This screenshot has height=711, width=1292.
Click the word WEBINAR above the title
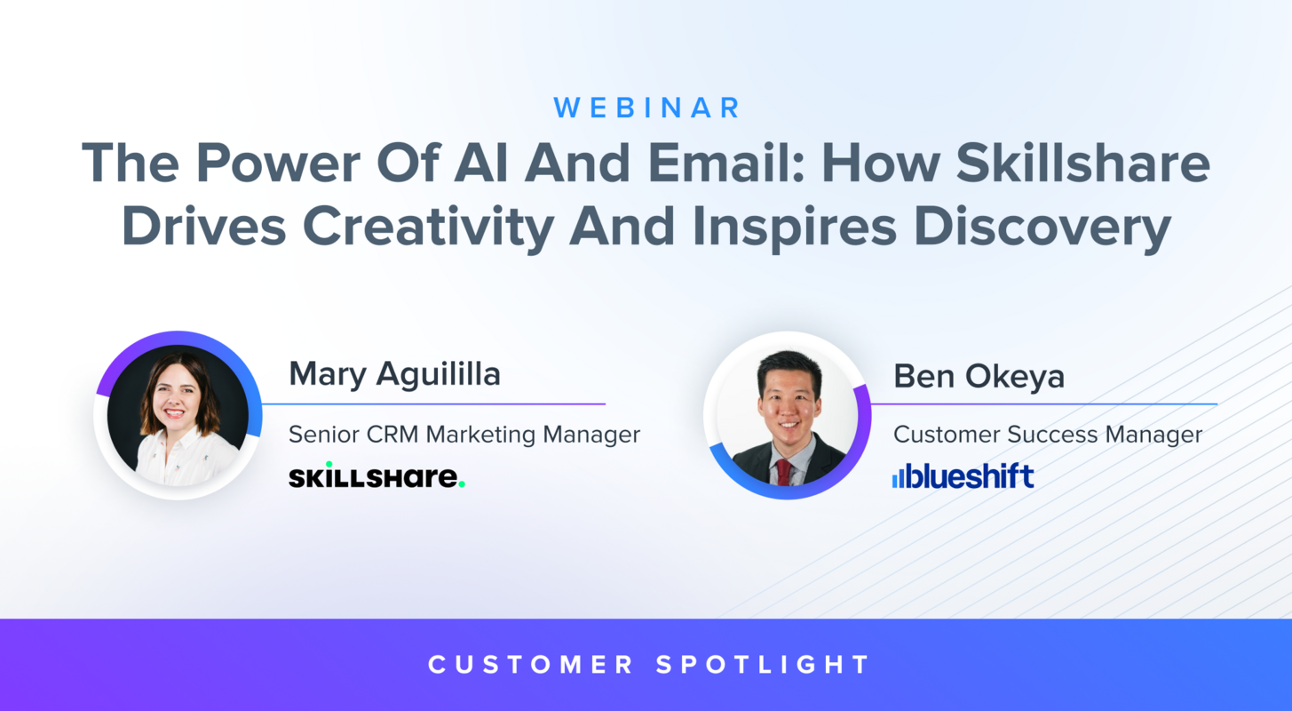coord(646,108)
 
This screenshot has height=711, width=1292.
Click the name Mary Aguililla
coord(394,374)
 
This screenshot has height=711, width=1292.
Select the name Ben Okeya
coord(979,376)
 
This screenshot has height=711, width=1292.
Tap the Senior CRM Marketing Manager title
coord(464,435)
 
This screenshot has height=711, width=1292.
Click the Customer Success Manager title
coord(1048,435)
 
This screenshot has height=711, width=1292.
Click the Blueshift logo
coord(963,476)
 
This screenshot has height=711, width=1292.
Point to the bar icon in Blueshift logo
coord(898,478)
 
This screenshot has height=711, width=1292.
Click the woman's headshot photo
coord(178,416)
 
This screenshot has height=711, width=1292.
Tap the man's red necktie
coord(783,471)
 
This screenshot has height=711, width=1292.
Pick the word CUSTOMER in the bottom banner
coord(531,664)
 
